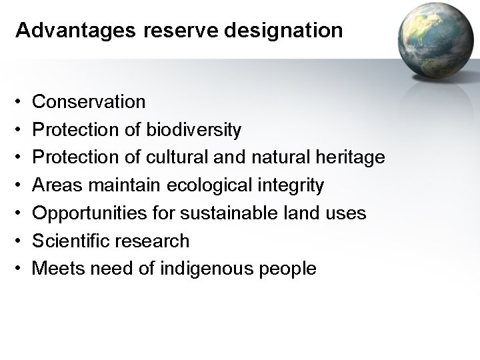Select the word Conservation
tap(89, 101)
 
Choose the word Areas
tap(55, 185)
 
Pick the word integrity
tap(292, 186)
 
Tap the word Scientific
tap(69, 241)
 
